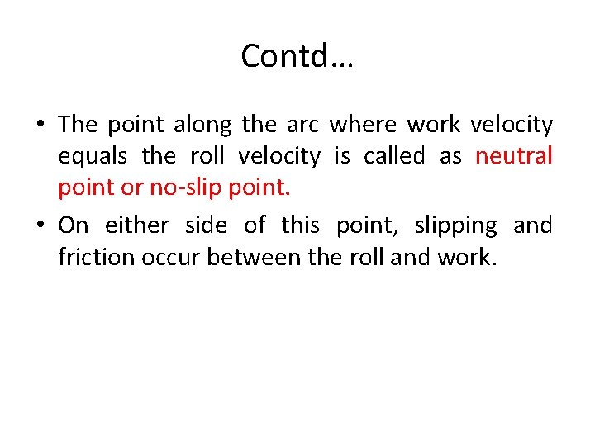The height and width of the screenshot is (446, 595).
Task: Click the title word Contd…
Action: (297, 56)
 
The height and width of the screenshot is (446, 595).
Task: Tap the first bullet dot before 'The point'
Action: (40, 126)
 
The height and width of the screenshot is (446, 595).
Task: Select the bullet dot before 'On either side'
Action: (40, 226)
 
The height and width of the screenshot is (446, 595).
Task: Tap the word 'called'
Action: (397, 156)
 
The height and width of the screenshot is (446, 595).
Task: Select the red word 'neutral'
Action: (514, 156)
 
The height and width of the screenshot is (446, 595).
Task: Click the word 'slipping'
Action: (456, 226)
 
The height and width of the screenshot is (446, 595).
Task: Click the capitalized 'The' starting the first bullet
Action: (78, 125)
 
